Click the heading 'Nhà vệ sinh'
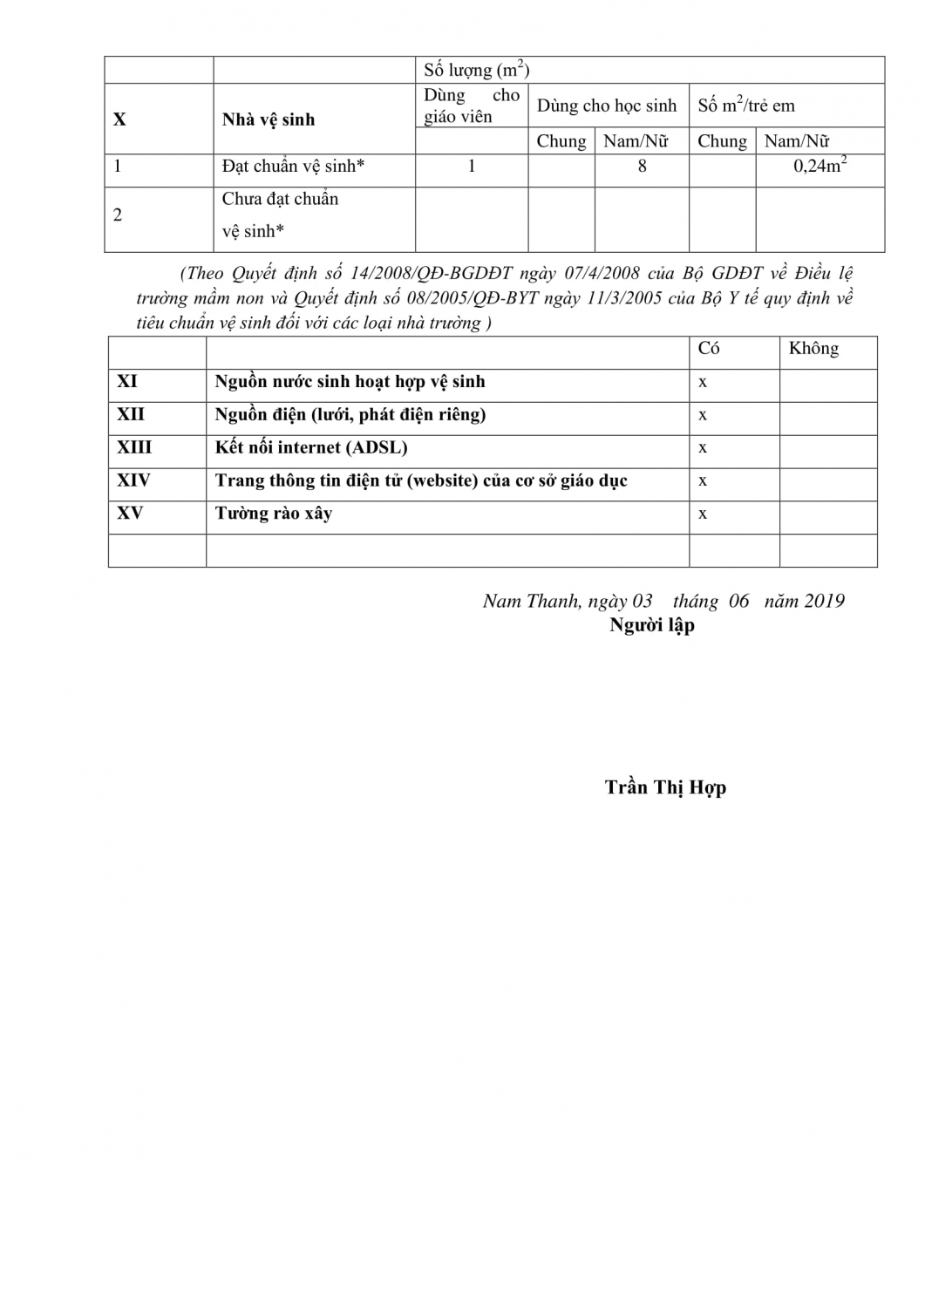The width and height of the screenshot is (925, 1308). click(269, 119)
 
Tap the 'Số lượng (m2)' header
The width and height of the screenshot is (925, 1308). click(476, 70)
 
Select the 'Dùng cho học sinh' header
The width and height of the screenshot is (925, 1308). click(607, 106)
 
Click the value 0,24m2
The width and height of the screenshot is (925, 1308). click(820, 166)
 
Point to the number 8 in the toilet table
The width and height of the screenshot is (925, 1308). click(642, 166)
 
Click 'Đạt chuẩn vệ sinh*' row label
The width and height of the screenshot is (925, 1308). click(293, 166)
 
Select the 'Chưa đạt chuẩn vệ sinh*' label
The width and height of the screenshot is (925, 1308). click(280, 215)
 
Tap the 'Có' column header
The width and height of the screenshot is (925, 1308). click(709, 349)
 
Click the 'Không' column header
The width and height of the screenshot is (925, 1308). click(813, 349)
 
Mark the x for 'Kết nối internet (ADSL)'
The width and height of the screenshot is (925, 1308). click(703, 448)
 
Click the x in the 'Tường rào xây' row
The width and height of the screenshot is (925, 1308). click(703, 514)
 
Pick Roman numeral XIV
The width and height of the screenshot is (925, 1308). click(133, 480)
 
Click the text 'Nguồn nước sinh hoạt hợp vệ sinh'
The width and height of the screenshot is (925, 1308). click(350, 382)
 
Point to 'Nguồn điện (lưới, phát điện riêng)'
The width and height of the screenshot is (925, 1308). click(350, 415)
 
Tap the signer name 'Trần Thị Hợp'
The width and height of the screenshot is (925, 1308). click(665, 787)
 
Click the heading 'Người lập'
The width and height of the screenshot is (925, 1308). click(651, 625)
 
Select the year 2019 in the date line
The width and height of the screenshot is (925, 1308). click(824, 601)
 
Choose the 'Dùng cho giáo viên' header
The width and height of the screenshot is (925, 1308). click(471, 106)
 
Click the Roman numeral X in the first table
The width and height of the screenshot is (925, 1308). click(119, 119)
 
